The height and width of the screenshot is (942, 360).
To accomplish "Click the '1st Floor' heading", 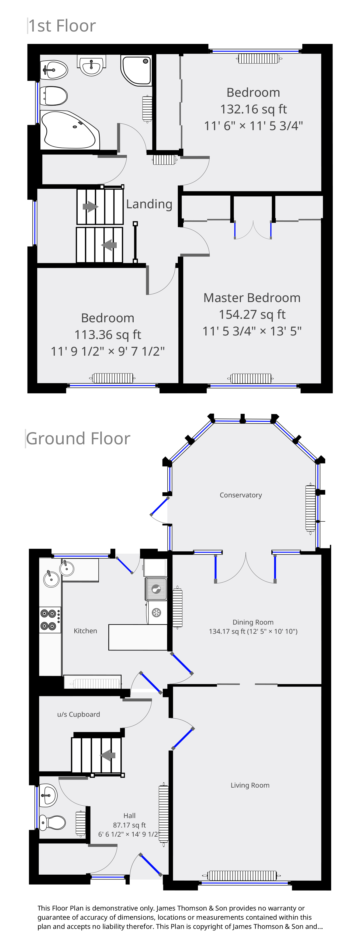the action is pyautogui.click(x=62, y=26).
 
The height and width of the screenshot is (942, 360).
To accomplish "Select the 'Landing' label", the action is pyautogui.click(x=149, y=204).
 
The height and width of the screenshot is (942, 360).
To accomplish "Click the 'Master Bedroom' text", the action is pyautogui.click(x=252, y=298).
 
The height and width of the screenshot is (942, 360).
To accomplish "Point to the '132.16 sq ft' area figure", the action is pyautogui.click(x=254, y=109).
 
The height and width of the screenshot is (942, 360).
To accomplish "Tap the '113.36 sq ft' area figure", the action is pyautogui.click(x=108, y=335).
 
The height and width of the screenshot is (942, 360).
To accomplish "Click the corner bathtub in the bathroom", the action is pyautogui.click(x=70, y=130).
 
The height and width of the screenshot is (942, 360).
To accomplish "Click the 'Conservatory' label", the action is pyautogui.click(x=241, y=495).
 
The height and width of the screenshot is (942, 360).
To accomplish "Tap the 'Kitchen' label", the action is pyautogui.click(x=85, y=631).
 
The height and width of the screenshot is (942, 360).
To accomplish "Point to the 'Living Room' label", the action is pyautogui.click(x=250, y=785).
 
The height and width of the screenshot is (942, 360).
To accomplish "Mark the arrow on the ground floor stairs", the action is pyautogui.click(x=108, y=755).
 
